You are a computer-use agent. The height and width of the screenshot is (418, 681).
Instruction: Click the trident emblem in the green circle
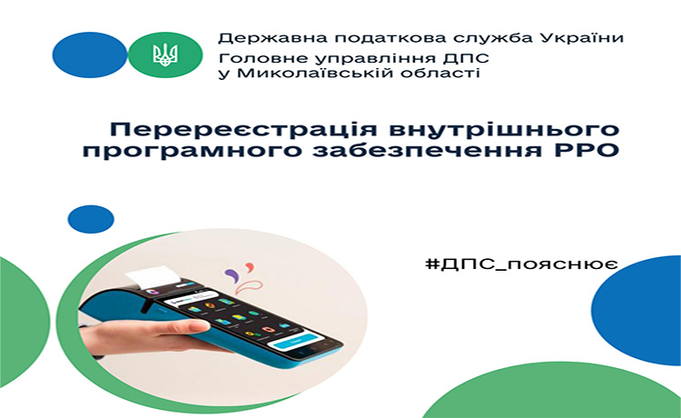[x=165, y=55]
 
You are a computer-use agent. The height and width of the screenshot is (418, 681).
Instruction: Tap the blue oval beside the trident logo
[x=90, y=55]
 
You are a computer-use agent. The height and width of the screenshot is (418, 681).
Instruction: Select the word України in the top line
[x=582, y=38]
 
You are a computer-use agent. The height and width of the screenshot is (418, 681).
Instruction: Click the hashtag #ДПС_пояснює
[x=521, y=264]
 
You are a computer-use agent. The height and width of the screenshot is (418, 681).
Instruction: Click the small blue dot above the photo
[x=91, y=219]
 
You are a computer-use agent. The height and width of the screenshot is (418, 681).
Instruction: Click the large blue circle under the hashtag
[x=637, y=310]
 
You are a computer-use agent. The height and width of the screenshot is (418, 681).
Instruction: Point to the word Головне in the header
[x=251, y=59]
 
